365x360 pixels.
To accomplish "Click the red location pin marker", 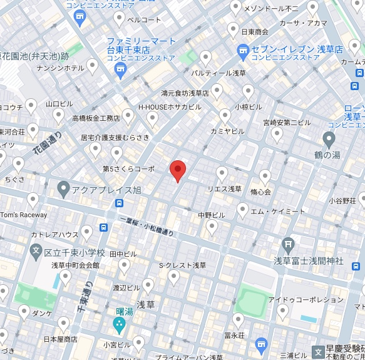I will (x=178, y=170).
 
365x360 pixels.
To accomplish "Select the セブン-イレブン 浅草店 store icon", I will (x=244, y=49).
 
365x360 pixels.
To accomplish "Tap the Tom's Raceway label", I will (x=23, y=215).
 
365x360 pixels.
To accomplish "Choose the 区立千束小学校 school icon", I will (x=36, y=252).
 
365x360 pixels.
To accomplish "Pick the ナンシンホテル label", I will (x=61, y=68).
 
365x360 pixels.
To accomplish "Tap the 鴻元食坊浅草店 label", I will (x=185, y=93).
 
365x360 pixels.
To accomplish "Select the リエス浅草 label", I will (x=225, y=188).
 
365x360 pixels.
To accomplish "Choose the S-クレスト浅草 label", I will (x=182, y=265).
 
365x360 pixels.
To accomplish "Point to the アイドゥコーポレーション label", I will (x=297, y=300).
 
